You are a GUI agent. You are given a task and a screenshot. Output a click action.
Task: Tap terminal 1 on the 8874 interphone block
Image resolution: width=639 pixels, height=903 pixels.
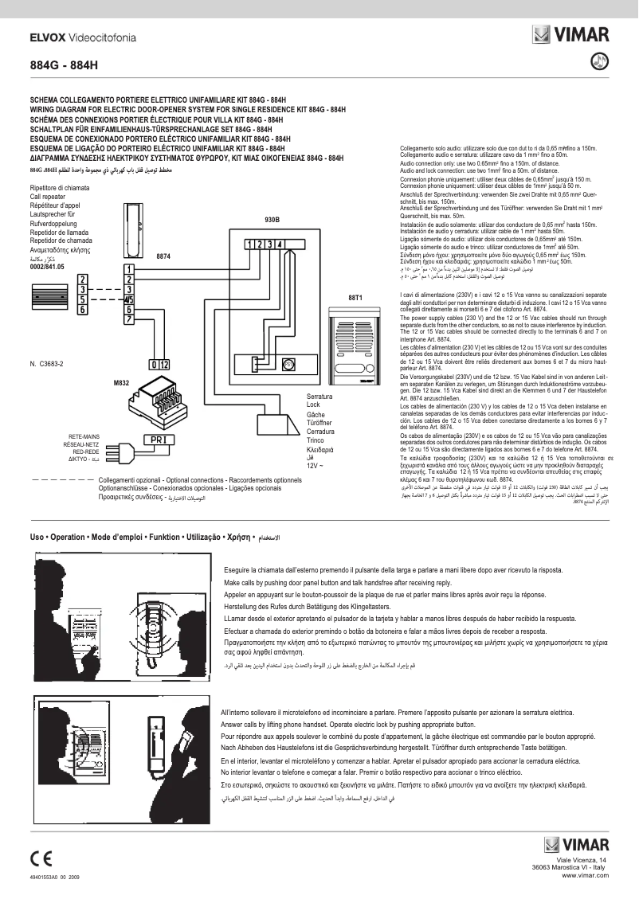(x=128, y=268)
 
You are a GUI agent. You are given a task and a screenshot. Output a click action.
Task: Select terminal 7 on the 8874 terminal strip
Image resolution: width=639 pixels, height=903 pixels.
(x=128, y=319)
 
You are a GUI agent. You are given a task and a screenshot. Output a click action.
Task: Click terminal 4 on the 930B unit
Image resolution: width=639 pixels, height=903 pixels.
(x=279, y=244)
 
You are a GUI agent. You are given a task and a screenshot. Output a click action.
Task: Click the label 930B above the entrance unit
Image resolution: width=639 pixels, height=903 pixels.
(x=272, y=219)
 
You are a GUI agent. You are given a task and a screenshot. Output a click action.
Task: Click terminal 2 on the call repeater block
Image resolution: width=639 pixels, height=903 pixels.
(x=83, y=279)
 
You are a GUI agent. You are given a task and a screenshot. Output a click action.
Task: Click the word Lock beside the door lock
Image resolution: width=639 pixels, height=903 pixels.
(x=313, y=405)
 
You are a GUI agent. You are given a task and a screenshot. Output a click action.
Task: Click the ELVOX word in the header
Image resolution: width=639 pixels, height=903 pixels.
(x=47, y=37)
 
